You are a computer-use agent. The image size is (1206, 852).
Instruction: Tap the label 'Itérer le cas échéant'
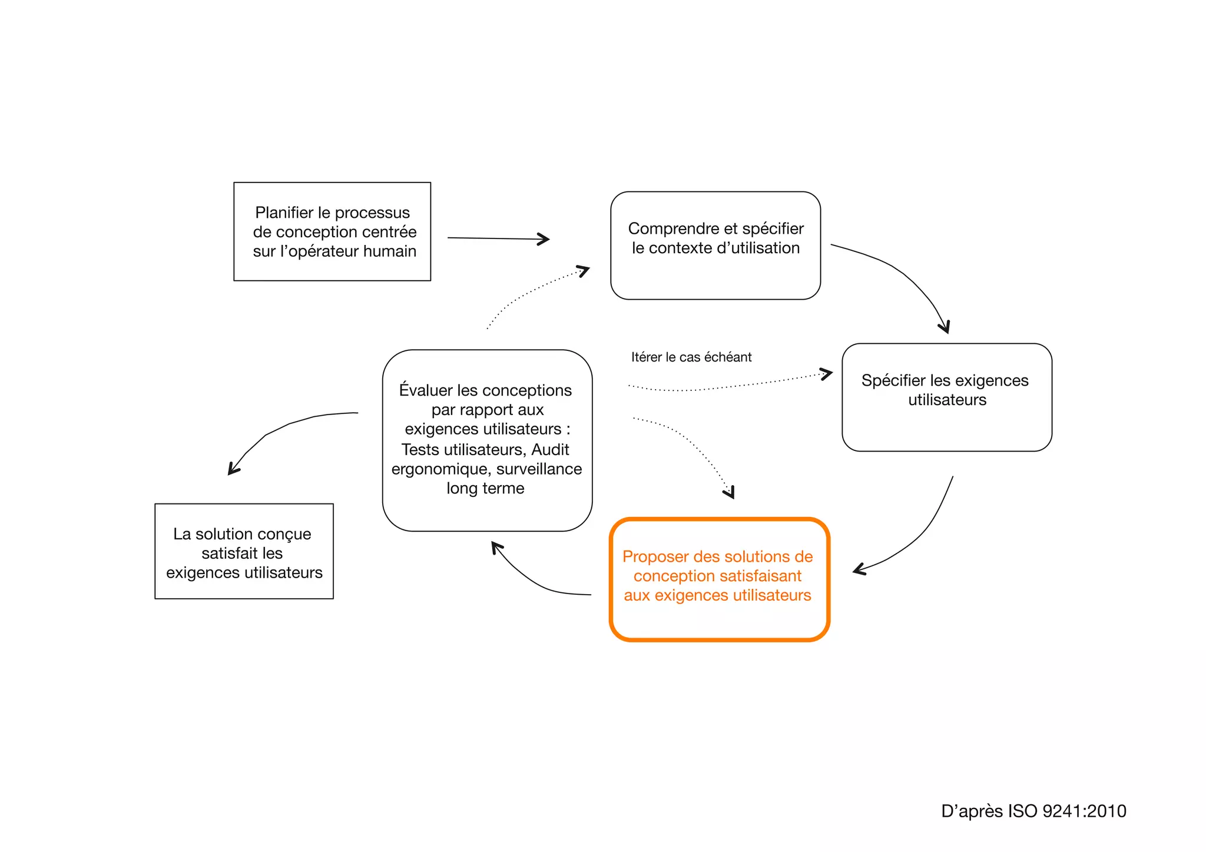pyautogui.click(x=691, y=357)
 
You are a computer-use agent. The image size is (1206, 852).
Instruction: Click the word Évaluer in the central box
pyautogui.click(x=425, y=390)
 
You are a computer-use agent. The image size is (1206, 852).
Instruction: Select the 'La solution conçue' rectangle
pyautogui.click(x=244, y=551)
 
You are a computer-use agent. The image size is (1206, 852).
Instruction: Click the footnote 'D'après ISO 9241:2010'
pyautogui.click(x=1033, y=811)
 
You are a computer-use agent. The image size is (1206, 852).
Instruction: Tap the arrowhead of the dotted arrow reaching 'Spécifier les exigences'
pyautogui.click(x=828, y=373)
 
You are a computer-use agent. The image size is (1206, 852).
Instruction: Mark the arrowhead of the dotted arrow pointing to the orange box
pyautogui.click(x=730, y=493)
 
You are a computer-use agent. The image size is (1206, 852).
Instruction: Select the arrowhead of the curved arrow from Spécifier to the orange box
pyautogui.click(x=858, y=569)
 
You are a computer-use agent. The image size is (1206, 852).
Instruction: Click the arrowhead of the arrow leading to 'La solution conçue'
pyautogui.click(x=232, y=470)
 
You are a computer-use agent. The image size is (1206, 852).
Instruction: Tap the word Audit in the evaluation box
pyautogui.click(x=550, y=449)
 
